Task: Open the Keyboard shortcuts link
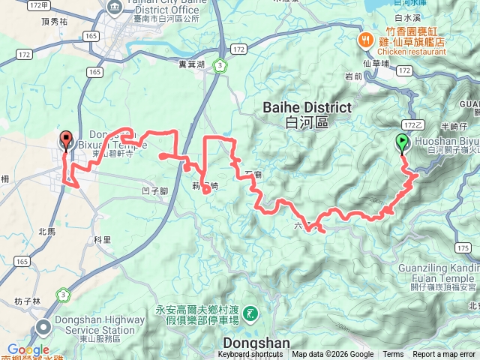pyautogui.click(x=250, y=354)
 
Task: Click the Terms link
pyautogui.click(x=393, y=354)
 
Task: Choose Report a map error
pyautogui.click(x=445, y=354)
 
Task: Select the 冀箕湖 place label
pyautogui.click(x=192, y=64)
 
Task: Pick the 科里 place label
pyautogui.click(x=102, y=240)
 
